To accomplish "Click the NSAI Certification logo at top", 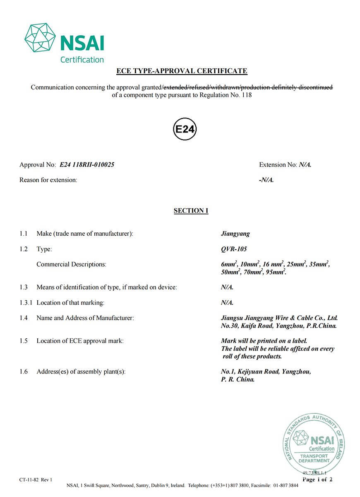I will point(64,43).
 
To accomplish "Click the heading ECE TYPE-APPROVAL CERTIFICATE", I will point(182,71).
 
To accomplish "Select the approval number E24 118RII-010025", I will point(87,165).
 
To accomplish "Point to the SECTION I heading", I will point(191,211).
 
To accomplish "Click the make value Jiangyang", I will point(235,234).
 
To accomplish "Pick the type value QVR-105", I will point(234,249).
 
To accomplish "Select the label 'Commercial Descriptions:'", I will point(71,264).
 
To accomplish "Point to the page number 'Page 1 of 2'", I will point(317,480).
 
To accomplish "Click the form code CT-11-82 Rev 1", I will point(36,480).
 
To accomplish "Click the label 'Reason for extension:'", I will point(48,180).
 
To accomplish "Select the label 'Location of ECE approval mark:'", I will point(80,341).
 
